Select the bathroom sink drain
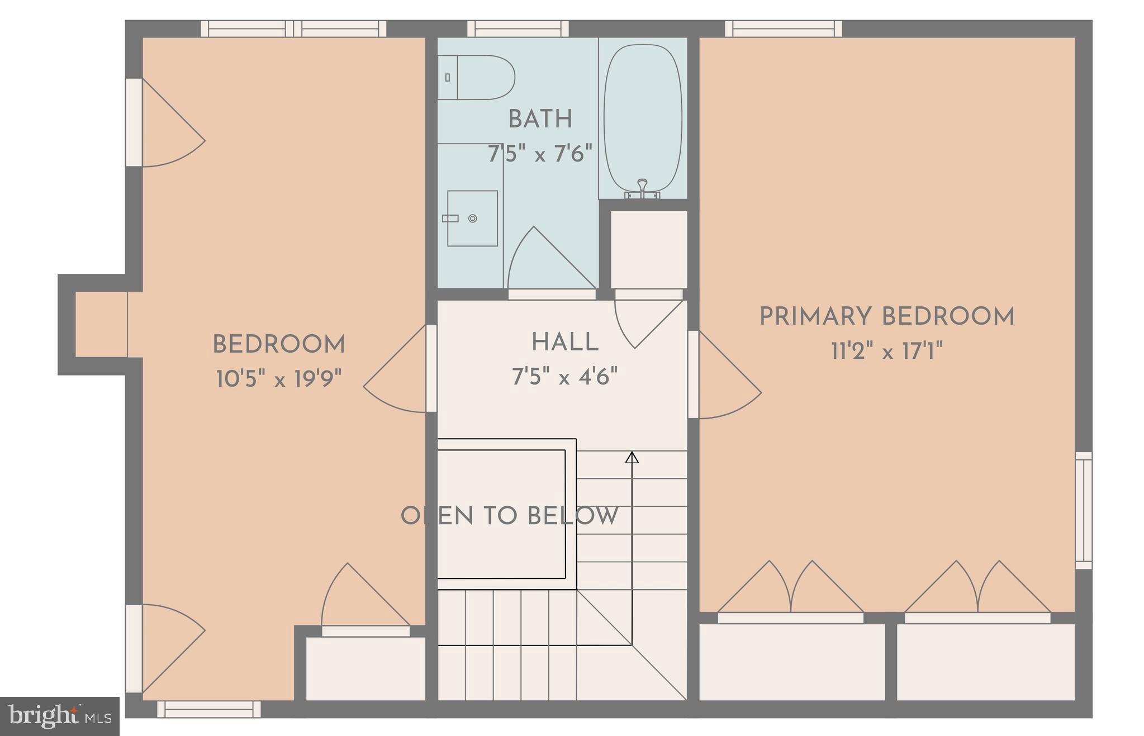pyautogui.click(x=473, y=219)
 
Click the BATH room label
pyautogui.click(x=540, y=119)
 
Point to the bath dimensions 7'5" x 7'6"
pyautogui.click(x=540, y=153)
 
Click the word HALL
pyautogui.click(x=565, y=342)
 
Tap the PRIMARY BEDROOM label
pyautogui.click(x=887, y=316)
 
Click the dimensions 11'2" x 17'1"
pyautogui.click(x=887, y=352)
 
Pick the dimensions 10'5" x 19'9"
pyautogui.click(x=279, y=379)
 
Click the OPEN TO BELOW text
pyautogui.click(x=510, y=516)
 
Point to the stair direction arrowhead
pyautogui.click(x=632, y=458)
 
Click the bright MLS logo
pyautogui.click(x=60, y=716)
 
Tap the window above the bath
pyautogui.click(x=518, y=29)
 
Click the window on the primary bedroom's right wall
pyautogui.click(x=1084, y=510)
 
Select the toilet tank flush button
pyautogui.click(x=447, y=78)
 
